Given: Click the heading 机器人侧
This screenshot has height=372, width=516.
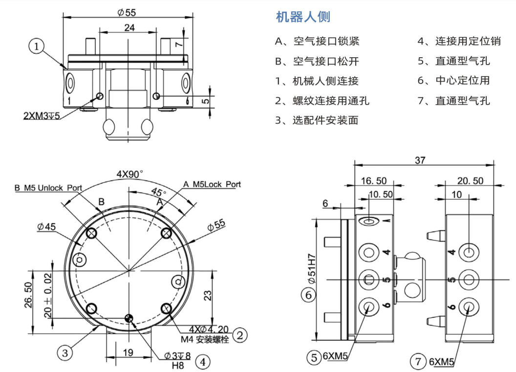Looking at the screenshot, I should click(303, 17).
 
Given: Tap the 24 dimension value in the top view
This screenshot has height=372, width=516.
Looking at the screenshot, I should click(129, 28).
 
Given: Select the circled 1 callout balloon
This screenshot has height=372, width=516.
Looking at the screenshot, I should click(37, 47).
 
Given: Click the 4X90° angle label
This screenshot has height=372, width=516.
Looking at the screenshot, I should click(130, 174).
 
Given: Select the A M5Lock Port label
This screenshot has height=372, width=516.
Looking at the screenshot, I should click(212, 184).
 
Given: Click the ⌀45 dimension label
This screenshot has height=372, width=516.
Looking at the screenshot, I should click(47, 226).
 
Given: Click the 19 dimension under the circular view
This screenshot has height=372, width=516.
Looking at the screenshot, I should click(128, 352).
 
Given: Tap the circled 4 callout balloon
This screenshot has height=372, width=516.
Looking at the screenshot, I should click(203, 362).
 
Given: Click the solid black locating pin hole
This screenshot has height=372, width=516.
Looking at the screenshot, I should click(129, 318).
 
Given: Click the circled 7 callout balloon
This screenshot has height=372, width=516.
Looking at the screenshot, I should click(418, 362).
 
